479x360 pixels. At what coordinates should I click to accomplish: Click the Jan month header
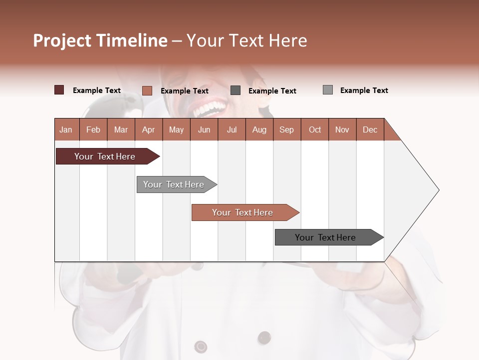click(66, 130)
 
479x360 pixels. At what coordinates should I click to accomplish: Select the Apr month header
click(149, 130)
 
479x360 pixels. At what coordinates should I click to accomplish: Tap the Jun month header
click(204, 130)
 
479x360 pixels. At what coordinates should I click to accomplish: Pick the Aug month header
click(259, 130)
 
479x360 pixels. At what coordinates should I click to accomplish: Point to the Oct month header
click(315, 130)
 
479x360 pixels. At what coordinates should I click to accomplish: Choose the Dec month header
click(370, 130)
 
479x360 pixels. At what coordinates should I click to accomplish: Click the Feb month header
click(93, 130)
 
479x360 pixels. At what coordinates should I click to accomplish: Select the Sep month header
click(287, 130)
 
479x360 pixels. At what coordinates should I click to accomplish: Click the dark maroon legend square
click(59, 90)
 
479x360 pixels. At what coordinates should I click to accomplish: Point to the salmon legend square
click(147, 90)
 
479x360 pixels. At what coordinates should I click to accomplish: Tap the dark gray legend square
click(236, 90)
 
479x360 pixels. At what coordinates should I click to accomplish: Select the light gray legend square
click(328, 90)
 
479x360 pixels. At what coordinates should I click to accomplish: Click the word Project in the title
click(62, 40)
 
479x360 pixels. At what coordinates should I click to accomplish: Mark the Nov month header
click(342, 130)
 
